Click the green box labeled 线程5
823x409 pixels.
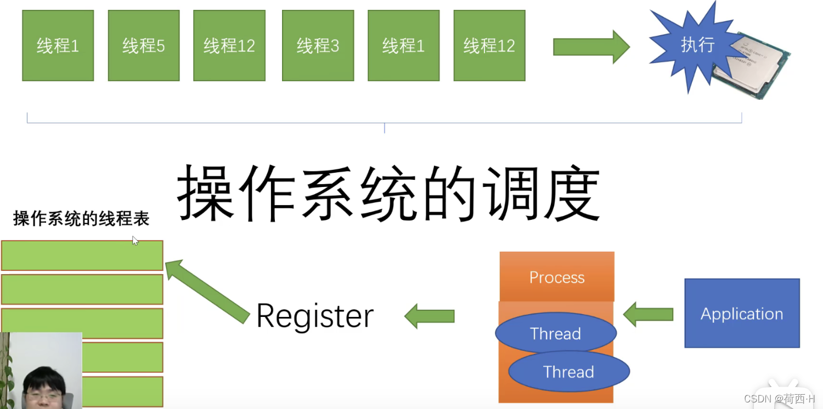(x=143, y=46)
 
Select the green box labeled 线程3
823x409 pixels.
(x=318, y=46)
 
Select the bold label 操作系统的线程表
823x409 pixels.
(x=81, y=219)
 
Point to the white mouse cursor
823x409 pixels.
(x=135, y=240)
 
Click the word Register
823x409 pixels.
(x=314, y=316)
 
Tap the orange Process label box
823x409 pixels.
(x=556, y=277)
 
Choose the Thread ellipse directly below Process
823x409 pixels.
(x=555, y=333)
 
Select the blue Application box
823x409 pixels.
(x=742, y=314)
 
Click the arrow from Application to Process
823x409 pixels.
(x=649, y=314)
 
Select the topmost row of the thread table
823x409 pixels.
(x=82, y=255)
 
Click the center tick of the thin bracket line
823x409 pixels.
(x=384, y=127)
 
